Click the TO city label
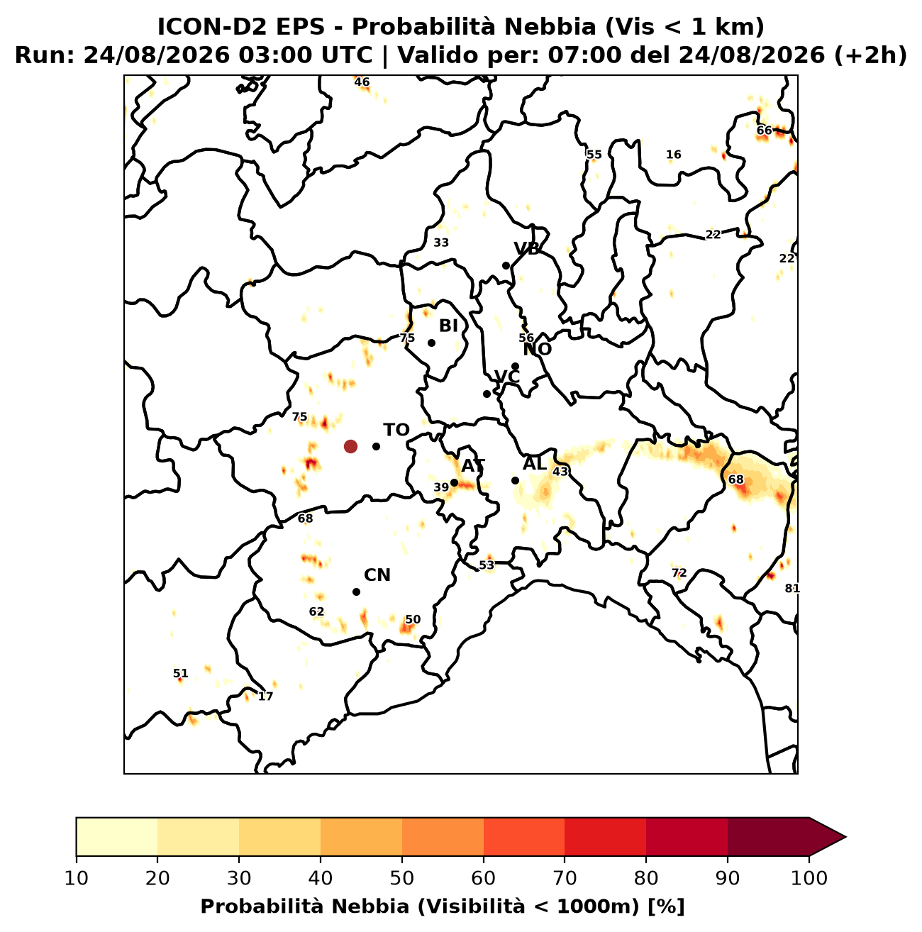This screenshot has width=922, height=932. tap(396, 430)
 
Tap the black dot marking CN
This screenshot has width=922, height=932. tap(356, 592)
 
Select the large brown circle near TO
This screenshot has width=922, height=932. tap(350, 446)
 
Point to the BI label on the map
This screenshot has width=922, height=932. tap(448, 326)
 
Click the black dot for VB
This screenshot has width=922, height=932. tap(506, 265)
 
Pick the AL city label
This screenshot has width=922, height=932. tap(535, 464)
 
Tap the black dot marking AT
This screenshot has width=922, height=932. tap(454, 483)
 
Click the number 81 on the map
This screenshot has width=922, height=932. tap(792, 589)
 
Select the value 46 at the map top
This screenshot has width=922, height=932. tap(362, 82)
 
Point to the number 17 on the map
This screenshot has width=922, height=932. tap(265, 697)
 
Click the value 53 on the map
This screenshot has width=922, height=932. tap(487, 565)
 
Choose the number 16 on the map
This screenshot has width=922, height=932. tap(673, 155)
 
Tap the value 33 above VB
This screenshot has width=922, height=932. tap(440, 243)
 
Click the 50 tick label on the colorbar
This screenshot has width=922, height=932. tap(402, 878)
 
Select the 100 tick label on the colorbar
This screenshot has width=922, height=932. tap(809, 878)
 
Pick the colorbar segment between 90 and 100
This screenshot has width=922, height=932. tap(768, 837)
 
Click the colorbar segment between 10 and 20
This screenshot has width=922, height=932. tap(117, 837)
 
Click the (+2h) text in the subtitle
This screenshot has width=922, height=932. tap(870, 55)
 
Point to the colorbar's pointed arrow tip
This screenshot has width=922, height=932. tap(845, 837)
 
